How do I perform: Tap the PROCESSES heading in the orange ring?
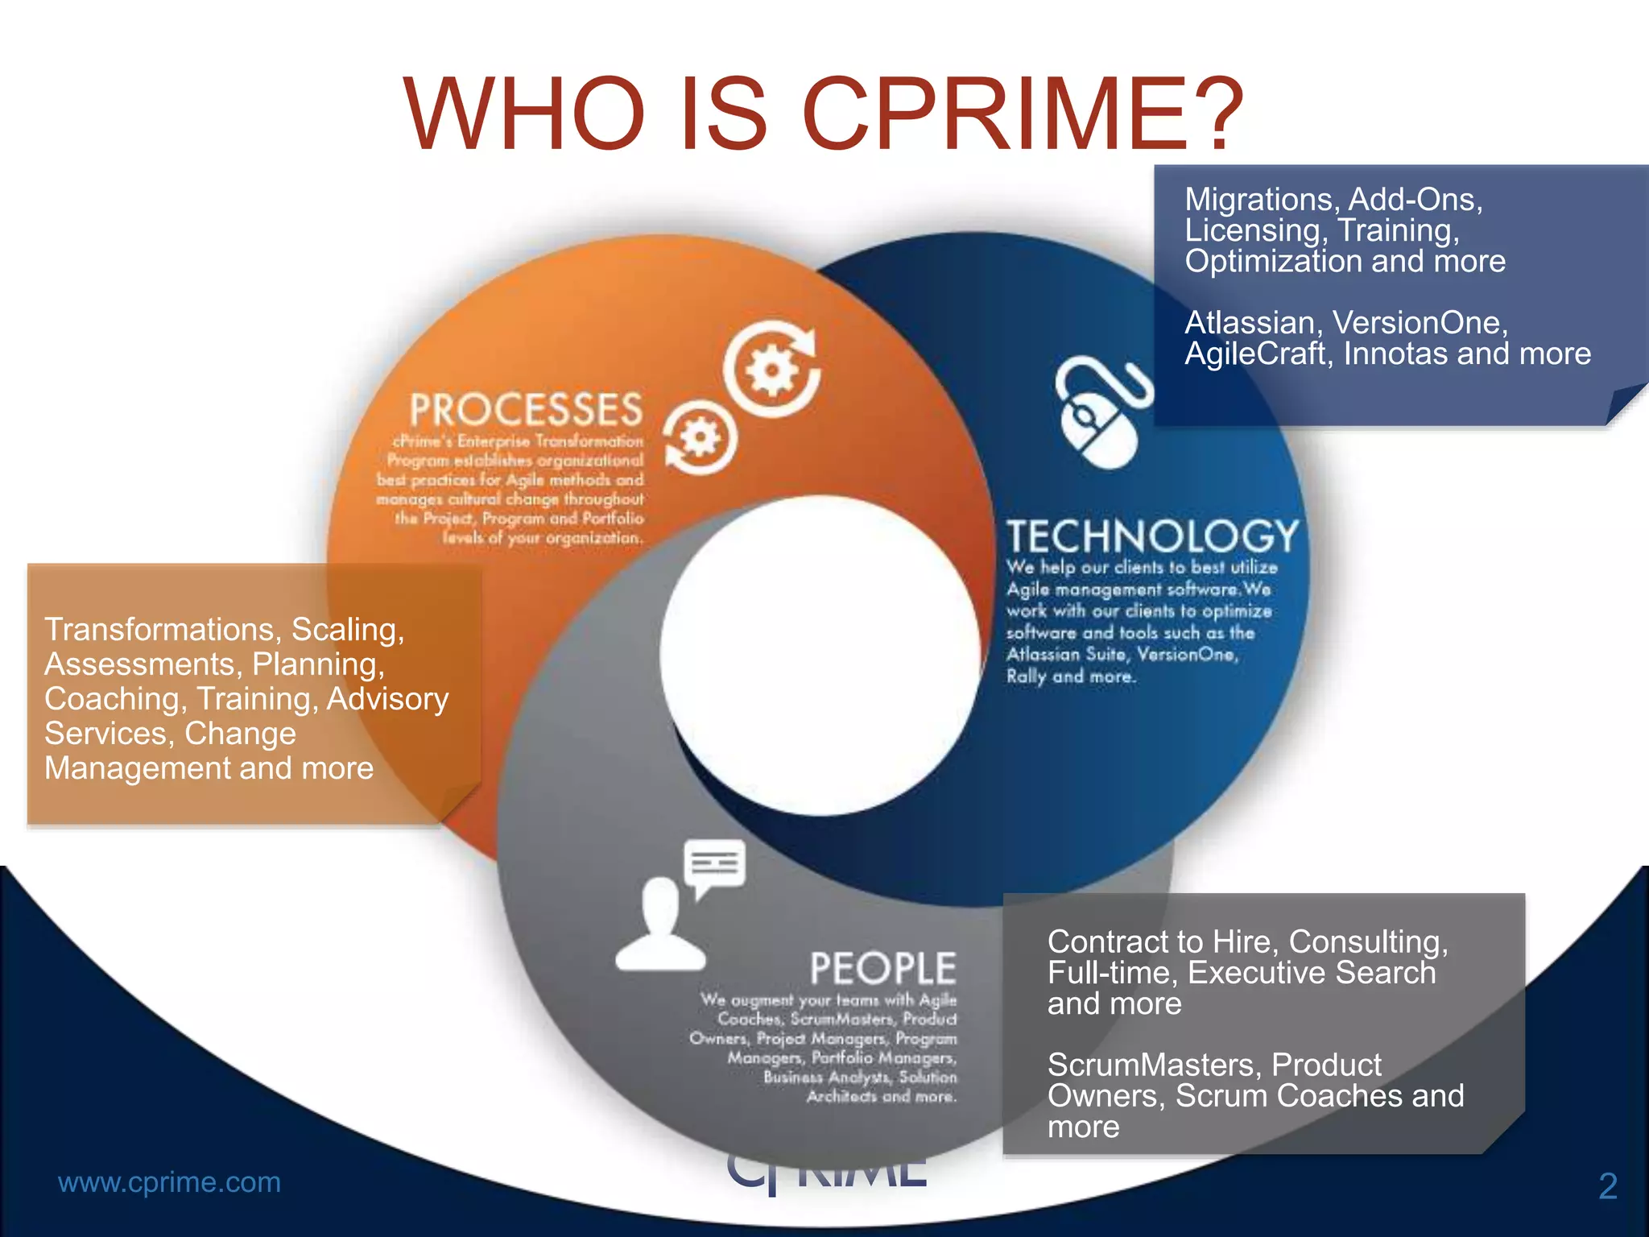[526, 409]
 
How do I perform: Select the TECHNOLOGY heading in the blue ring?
[1153, 536]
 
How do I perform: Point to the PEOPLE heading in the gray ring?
[882, 968]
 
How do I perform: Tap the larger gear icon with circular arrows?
[771, 370]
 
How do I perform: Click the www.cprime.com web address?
[169, 1182]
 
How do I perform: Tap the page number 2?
[1607, 1186]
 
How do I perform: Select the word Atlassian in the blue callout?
[1250, 323]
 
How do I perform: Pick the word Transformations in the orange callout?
[163, 630]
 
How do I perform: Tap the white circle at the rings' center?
[820, 654]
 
